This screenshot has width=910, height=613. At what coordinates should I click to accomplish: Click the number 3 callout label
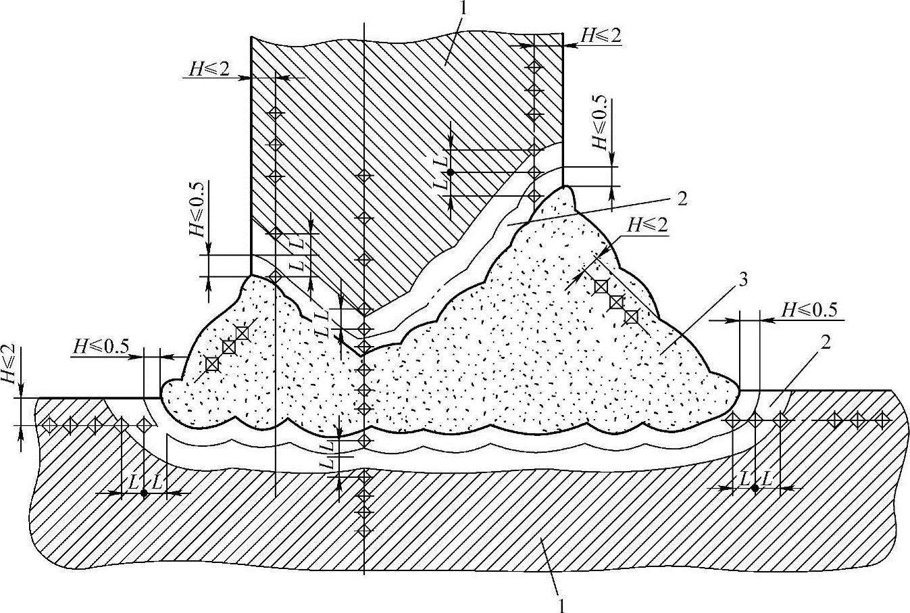click(x=742, y=281)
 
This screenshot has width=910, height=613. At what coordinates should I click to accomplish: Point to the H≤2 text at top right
click(x=601, y=36)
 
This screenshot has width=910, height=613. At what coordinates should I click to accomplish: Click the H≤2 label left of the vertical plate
click(x=208, y=69)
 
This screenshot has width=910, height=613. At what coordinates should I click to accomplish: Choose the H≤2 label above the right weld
click(x=647, y=224)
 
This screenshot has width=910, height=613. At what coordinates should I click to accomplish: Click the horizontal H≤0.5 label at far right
click(x=809, y=310)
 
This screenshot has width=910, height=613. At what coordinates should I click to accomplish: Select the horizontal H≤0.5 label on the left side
click(x=101, y=346)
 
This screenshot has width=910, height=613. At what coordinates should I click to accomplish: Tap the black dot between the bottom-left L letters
click(x=144, y=493)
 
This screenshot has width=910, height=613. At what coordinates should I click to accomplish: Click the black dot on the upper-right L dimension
click(x=450, y=172)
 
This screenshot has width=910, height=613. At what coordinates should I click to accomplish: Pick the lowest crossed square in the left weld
click(x=212, y=364)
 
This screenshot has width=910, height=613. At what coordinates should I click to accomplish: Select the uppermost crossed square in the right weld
click(x=600, y=287)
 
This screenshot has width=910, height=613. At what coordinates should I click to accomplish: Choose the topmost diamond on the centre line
click(x=364, y=176)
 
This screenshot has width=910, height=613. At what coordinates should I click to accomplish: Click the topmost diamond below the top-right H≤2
click(x=534, y=66)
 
